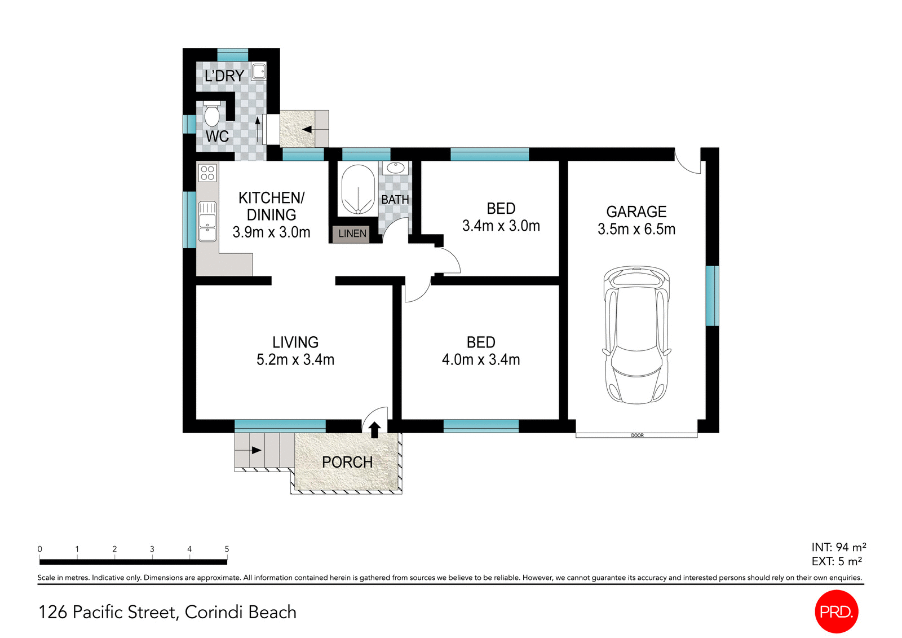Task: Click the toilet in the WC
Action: (212, 115)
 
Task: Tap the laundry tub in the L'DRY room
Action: (258, 72)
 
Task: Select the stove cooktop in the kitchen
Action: (207, 173)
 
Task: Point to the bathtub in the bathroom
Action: (357, 190)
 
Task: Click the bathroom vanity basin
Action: (395, 168)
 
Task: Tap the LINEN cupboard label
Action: (352, 234)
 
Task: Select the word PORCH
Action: (347, 463)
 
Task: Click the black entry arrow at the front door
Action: (374, 429)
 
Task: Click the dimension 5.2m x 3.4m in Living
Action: (295, 360)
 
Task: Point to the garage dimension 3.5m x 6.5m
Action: (636, 230)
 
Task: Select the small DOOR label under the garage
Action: (637, 435)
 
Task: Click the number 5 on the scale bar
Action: (227, 549)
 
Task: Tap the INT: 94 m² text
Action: (838, 547)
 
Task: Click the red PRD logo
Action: (837, 611)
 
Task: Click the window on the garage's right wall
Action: (712, 296)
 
